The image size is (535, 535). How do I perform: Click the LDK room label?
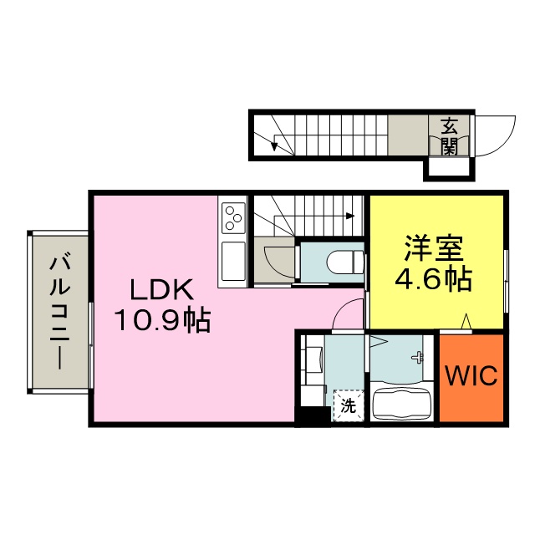(161, 290)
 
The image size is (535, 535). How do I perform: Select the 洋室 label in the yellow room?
(434, 248)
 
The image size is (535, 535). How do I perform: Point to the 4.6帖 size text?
(433, 279)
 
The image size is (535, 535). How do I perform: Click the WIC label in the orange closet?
(471, 375)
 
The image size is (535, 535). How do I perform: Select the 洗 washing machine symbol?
(348, 405)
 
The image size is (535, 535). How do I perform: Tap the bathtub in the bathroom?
(401, 404)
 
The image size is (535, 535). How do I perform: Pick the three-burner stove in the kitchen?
(233, 218)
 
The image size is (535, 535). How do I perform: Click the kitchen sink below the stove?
(233, 262)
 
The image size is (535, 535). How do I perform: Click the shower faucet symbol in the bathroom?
(418, 357)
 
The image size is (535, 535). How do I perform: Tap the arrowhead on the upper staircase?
(273, 146)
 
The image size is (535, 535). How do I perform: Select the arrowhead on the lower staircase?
(349, 216)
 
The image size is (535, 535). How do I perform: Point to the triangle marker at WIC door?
(466, 322)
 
